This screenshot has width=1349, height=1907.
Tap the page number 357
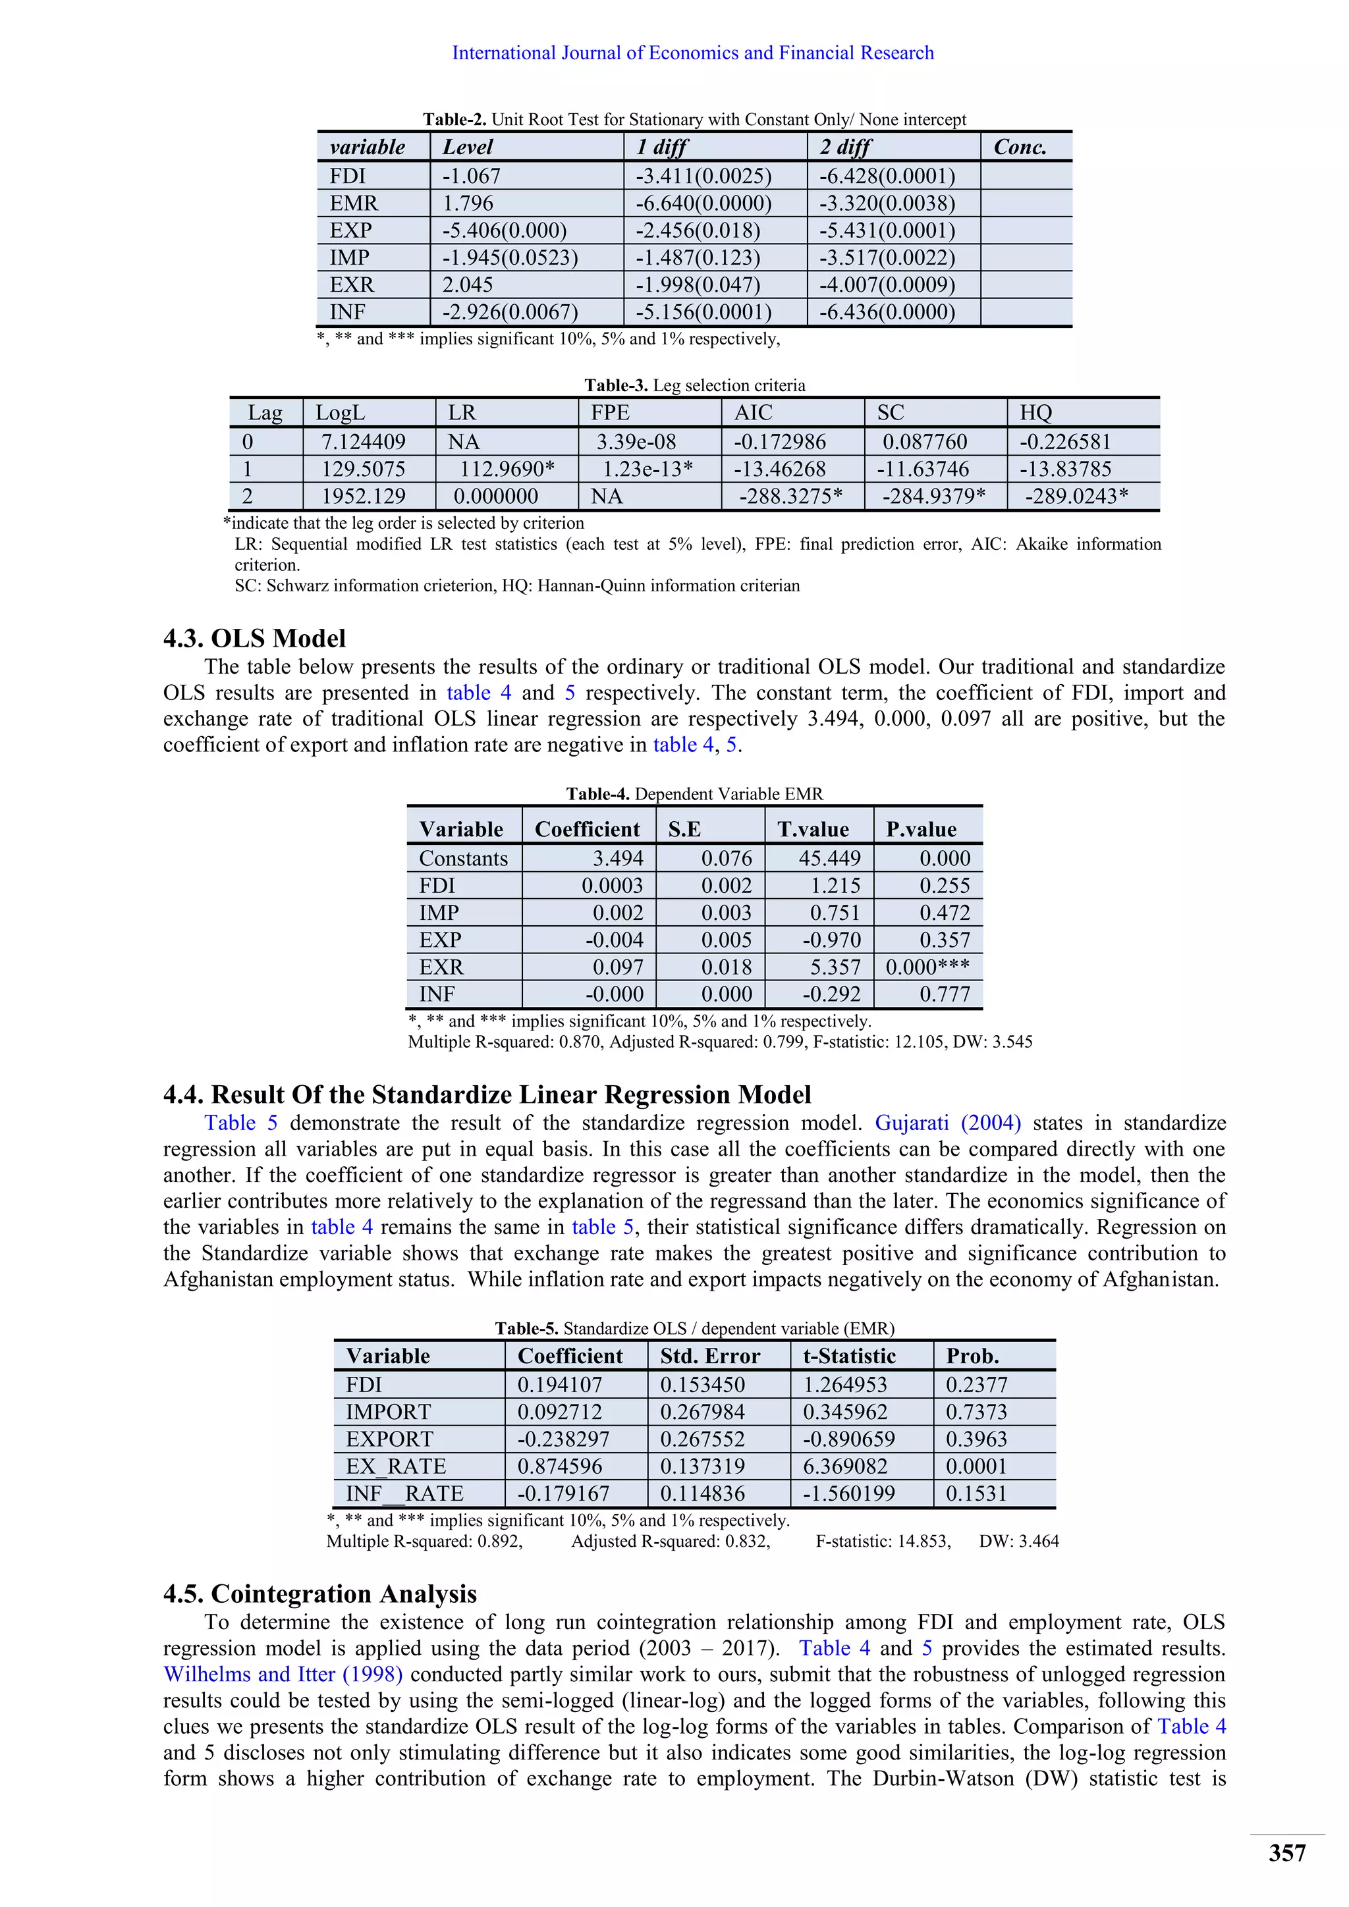click(x=1286, y=1853)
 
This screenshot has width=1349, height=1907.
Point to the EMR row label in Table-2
click(x=353, y=203)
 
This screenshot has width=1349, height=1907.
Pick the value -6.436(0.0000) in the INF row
click(x=887, y=312)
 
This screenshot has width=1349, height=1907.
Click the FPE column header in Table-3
click(x=610, y=413)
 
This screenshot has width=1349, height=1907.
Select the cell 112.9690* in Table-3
click(x=507, y=470)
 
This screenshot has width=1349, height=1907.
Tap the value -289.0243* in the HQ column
click(x=1076, y=497)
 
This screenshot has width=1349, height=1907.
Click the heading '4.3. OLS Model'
click(x=254, y=638)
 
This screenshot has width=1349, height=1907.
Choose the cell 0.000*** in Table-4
click(x=927, y=967)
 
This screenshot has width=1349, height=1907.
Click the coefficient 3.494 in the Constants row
click(x=617, y=858)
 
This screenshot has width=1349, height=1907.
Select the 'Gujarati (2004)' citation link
click(x=947, y=1123)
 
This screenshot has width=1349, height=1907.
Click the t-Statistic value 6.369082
click(x=845, y=1466)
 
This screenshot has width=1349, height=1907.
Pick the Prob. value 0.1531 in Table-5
click(x=976, y=1493)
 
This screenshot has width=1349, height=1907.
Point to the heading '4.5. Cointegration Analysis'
click(x=320, y=1593)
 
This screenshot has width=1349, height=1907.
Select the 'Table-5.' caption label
click(x=527, y=1328)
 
